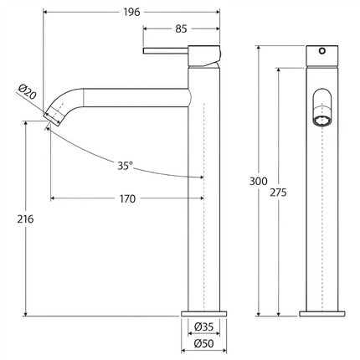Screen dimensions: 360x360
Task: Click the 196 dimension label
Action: (131, 12)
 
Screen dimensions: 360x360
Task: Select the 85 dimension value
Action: (181, 28)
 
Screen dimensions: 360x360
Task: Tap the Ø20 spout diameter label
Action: (28, 91)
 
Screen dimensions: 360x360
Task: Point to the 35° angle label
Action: (125, 166)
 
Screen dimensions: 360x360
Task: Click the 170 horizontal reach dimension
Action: (127, 198)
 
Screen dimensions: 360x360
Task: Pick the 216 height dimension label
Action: (25, 219)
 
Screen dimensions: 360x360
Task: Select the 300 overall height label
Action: (258, 181)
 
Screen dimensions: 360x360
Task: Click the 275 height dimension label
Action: (278, 193)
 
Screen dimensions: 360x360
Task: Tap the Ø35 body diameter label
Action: (204, 327)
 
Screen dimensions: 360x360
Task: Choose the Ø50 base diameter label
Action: (204, 343)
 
